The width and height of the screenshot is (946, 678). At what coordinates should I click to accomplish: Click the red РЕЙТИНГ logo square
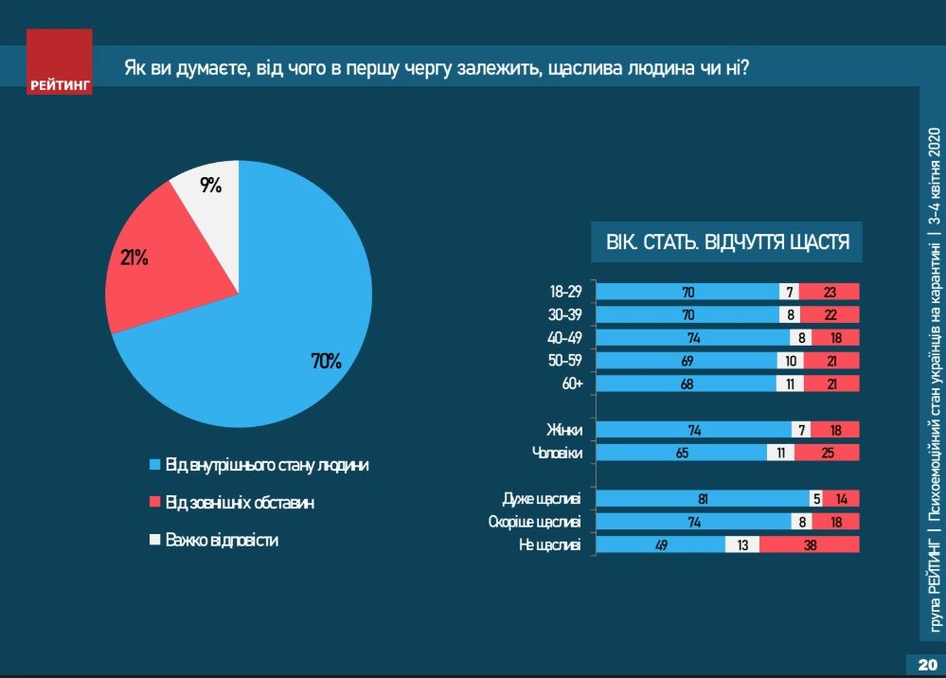click(x=60, y=62)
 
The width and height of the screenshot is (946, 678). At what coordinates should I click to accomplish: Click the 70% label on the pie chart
click(x=326, y=361)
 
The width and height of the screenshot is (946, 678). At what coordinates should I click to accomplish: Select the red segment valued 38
click(x=809, y=544)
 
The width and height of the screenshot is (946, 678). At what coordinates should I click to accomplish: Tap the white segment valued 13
click(x=741, y=544)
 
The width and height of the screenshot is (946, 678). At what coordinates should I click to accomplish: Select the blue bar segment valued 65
click(x=681, y=453)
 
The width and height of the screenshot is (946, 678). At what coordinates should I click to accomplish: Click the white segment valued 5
click(x=815, y=499)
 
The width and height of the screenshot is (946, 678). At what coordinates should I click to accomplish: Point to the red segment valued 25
click(x=827, y=453)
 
